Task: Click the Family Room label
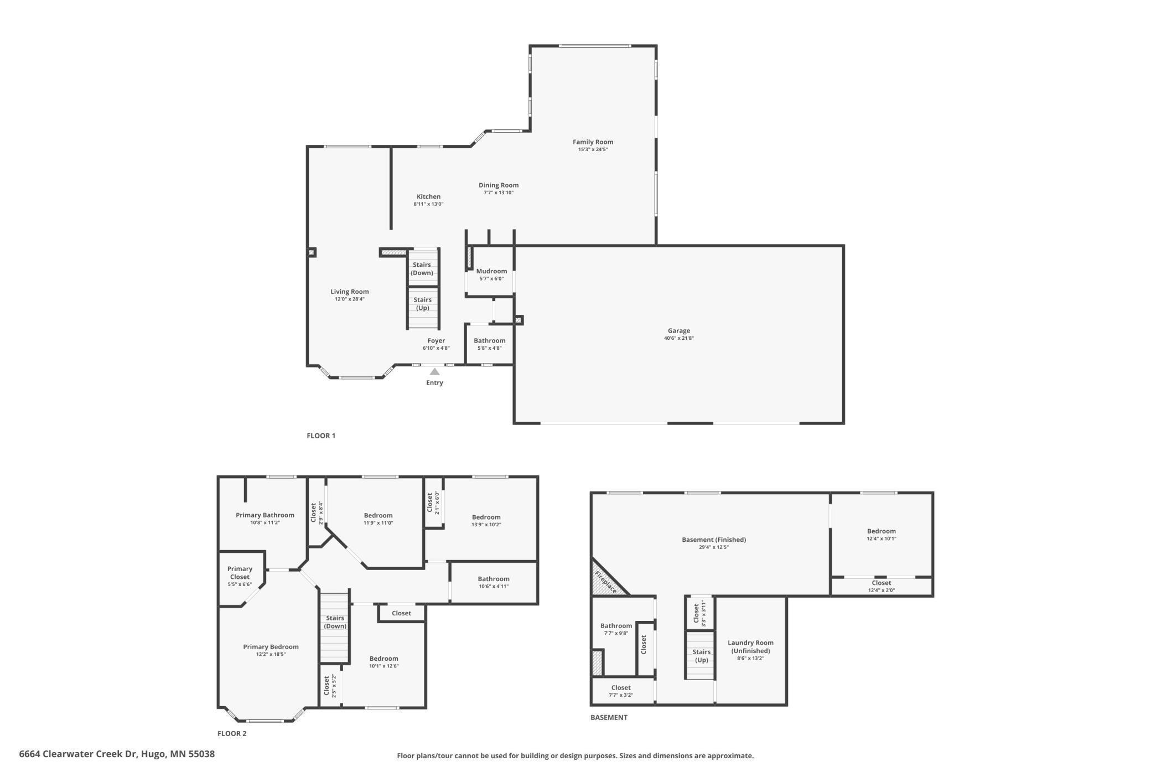click(593, 142)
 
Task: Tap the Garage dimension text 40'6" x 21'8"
click(678, 338)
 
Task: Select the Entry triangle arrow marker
click(434, 372)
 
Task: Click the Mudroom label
click(491, 271)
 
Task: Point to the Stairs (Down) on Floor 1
click(422, 268)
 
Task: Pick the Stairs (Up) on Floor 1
click(422, 304)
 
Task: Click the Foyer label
click(436, 341)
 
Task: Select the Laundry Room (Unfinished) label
click(750, 646)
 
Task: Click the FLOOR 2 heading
click(232, 733)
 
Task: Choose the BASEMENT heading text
click(609, 717)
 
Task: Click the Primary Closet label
click(240, 573)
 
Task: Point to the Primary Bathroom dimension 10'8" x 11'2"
click(265, 522)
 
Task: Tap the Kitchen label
click(428, 196)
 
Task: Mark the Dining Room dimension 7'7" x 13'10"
click(499, 193)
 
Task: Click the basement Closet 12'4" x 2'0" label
click(881, 583)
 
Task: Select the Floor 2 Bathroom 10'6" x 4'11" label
click(494, 579)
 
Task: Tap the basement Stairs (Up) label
click(701, 656)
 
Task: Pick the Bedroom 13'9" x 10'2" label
click(486, 517)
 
